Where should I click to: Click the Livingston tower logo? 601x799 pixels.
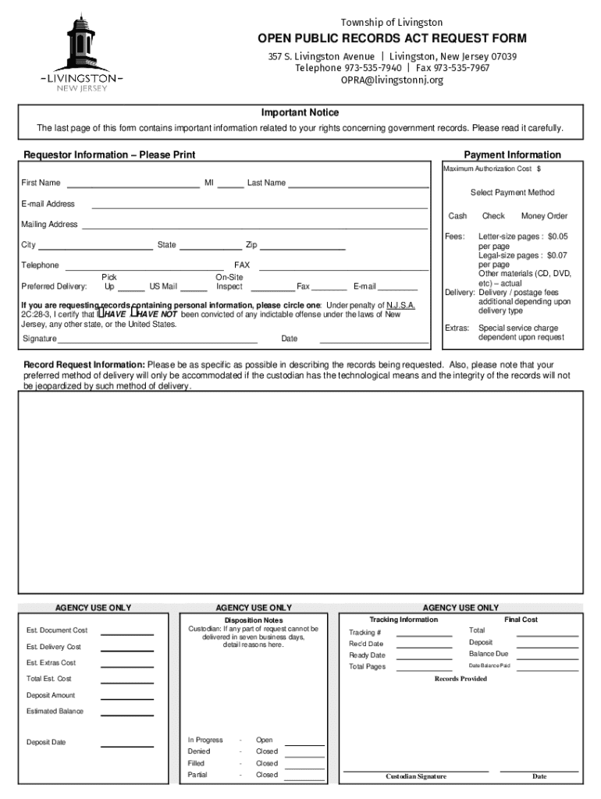(x=81, y=51)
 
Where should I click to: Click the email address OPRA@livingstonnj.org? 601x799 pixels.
(x=392, y=80)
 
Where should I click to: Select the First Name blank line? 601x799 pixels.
(x=133, y=187)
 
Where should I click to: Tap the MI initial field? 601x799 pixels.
(x=230, y=187)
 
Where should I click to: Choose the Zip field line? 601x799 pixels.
(x=303, y=249)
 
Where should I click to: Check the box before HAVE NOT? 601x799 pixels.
(x=133, y=314)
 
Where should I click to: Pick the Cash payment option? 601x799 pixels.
(x=457, y=216)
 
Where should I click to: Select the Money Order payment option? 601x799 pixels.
(x=544, y=216)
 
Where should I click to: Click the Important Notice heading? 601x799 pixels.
(x=300, y=113)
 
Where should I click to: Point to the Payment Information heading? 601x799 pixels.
(x=512, y=154)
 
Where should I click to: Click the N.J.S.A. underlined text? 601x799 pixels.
(x=397, y=305)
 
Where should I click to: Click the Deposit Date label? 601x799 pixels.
(x=46, y=742)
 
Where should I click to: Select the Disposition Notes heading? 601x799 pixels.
(x=254, y=620)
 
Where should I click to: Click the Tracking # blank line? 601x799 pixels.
(x=424, y=636)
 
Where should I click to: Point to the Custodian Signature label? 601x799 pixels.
(x=416, y=776)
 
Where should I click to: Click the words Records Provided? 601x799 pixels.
(x=461, y=679)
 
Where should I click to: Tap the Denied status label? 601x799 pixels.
(x=199, y=751)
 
